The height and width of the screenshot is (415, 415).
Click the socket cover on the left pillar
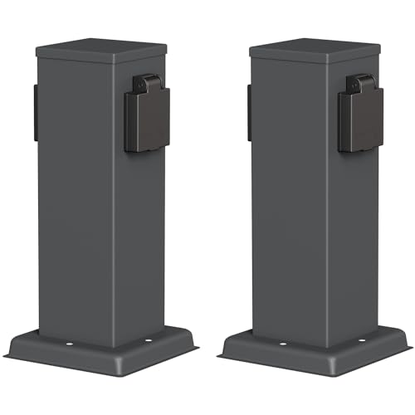tap(148, 120)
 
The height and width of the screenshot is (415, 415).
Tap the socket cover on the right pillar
tap(360, 120)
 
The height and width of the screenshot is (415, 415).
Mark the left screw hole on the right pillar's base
tap(283, 343)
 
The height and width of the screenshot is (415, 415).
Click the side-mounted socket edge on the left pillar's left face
tap(35, 112)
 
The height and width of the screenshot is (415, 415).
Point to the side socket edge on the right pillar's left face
tap(248, 112)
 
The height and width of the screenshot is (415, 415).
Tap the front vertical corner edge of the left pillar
tap(114, 207)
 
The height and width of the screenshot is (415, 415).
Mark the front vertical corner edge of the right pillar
tap(327, 207)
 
